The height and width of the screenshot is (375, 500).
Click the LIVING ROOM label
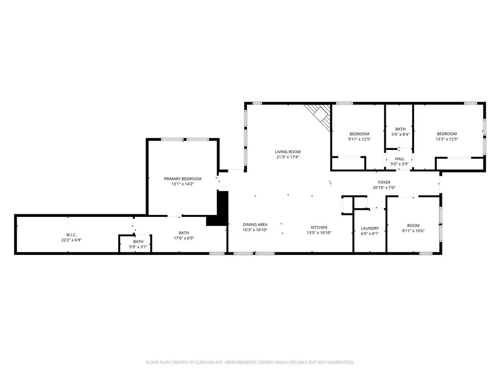coord(288,152)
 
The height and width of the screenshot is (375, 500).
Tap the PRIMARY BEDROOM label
coord(183,179)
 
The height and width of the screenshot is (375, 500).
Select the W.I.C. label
coord(71,235)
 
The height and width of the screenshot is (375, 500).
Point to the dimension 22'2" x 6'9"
coord(71,240)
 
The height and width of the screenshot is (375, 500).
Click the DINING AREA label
coord(255,225)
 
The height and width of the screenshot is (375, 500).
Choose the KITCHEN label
coord(319,228)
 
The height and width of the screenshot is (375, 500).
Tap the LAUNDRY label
coord(370,229)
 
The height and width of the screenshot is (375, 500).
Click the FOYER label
coord(384,183)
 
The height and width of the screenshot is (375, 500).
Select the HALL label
coord(399,159)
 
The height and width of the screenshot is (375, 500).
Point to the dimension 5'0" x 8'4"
coord(400,134)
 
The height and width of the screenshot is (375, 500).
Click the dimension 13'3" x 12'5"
coord(447,139)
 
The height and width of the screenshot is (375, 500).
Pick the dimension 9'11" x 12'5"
coord(359,139)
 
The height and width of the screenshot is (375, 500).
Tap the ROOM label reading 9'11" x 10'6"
coord(413,226)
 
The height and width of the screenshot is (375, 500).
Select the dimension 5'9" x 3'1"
coord(138,247)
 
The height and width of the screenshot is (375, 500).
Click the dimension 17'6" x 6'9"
coord(184,238)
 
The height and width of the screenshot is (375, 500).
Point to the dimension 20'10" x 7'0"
coord(384,187)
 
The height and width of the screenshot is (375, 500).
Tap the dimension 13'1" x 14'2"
coord(183,184)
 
